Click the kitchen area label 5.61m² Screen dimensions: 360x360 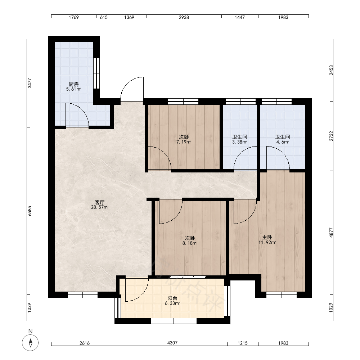click(x=73, y=89)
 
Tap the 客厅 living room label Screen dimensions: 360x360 click(x=100, y=202)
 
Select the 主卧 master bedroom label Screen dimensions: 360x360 click(x=267, y=237)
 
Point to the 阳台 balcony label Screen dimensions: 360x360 click(x=172, y=298)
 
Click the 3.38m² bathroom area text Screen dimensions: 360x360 click(x=239, y=142)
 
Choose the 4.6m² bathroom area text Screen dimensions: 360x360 click(x=282, y=142)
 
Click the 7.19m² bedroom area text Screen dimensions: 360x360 click(x=184, y=142)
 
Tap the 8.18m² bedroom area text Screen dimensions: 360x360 click(x=190, y=243)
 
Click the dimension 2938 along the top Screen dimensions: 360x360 click(x=184, y=17)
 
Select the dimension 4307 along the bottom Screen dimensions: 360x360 click(x=172, y=343)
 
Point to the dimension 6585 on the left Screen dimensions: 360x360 click(x=30, y=211)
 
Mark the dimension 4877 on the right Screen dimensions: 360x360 click(x=331, y=232)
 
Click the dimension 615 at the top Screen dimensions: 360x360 click(x=104, y=17)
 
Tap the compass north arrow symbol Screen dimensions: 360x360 click(x=30, y=343)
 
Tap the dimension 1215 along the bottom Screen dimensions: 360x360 click(x=242, y=343)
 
